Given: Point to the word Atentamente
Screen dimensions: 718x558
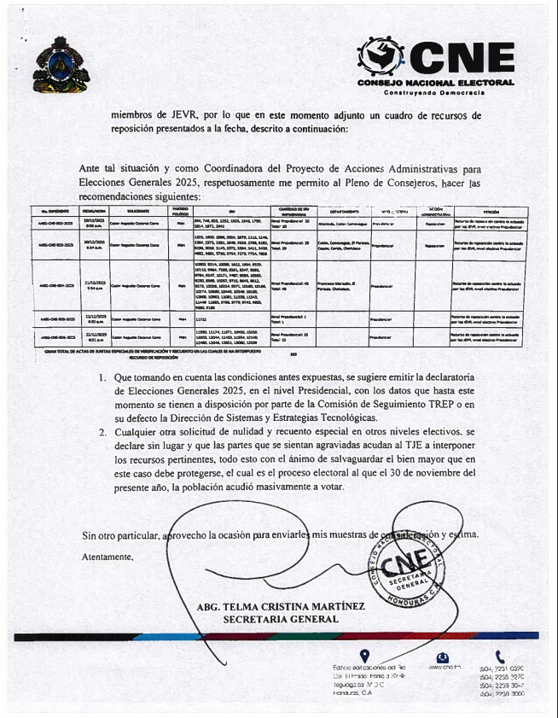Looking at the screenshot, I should pyautogui.click(x=108, y=557).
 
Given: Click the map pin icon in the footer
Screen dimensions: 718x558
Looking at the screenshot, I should pyautogui.click(x=365, y=656).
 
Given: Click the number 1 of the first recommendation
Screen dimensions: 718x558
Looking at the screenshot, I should pyautogui.click(x=102, y=377).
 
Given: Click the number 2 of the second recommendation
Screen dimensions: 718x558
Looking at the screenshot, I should pyautogui.click(x=102, y=433).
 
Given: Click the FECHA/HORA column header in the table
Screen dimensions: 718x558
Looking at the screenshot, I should pyautogui.click(x=94, y=210).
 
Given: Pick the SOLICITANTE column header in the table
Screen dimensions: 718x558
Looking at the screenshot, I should pyautogui.click(x=138, y=210).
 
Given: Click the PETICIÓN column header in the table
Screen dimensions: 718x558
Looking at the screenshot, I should pyautogui.click(x=490, y=210).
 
